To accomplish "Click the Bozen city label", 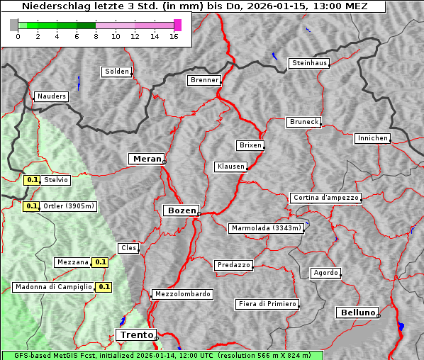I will (x=181, y=210).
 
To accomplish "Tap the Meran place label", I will (x=146, y=159).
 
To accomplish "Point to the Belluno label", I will (x=358, y=312).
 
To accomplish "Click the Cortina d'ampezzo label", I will (x=325, y=198).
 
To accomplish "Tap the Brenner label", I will (x=204, y=80).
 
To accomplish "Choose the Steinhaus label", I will (x=310, y=63).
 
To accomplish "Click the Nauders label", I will (x=51, y=96).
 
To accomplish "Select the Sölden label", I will (x=117, y=72).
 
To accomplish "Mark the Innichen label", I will (x=372, y=138).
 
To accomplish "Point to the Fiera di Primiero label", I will (x=267, y=304).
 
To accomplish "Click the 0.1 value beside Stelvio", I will (x=32, y=180).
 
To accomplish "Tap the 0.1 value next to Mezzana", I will (x=101, y=262).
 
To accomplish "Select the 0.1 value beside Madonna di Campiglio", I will (x=104, y=287).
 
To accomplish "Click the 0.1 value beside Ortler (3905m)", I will (x=31, y=206).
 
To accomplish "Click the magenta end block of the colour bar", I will (x=177, y=25).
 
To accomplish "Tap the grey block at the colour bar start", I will (x=14, y=25).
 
